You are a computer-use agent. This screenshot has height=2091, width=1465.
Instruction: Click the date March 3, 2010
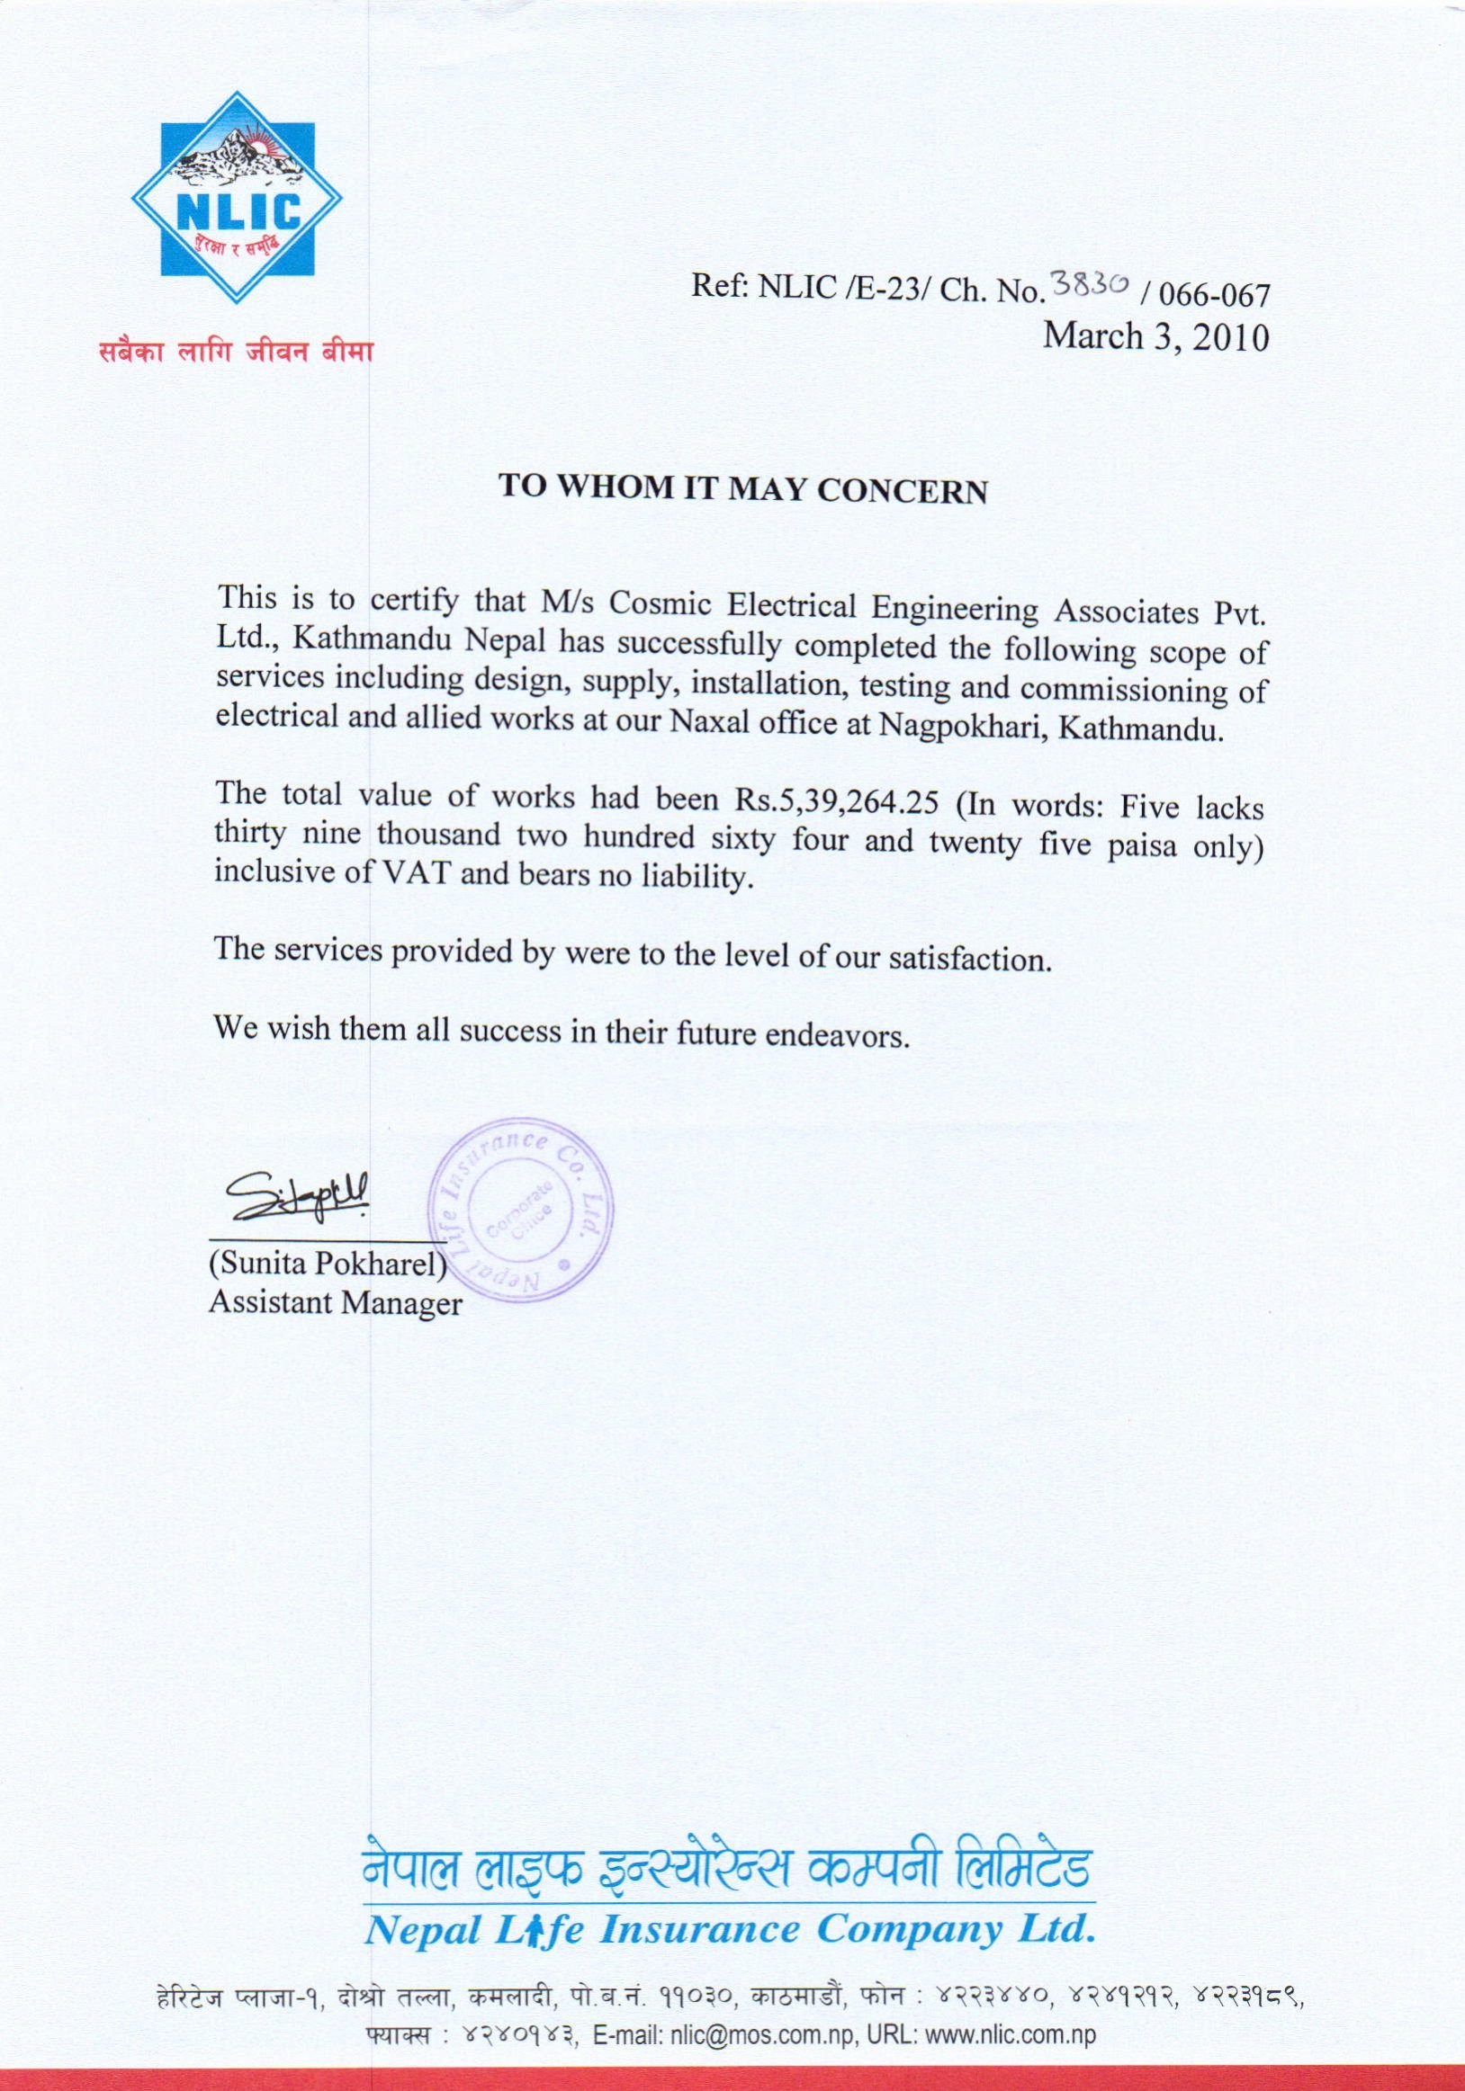pos(1155,337)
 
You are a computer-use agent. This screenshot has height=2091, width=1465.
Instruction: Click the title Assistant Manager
pos(336,1304)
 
